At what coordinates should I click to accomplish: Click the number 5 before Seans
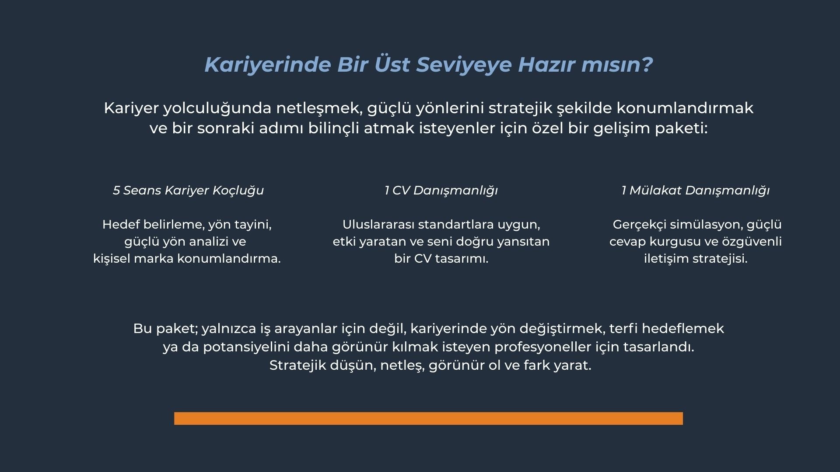click(116, 191)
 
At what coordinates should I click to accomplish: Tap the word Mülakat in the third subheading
click(655, 191)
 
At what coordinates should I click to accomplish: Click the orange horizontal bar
click(428, 418)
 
